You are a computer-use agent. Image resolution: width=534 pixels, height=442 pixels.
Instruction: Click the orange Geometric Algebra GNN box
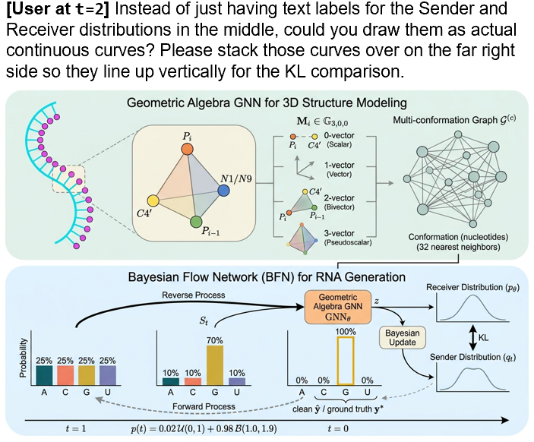[337, 307]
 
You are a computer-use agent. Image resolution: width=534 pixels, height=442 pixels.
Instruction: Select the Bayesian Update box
[402, 337]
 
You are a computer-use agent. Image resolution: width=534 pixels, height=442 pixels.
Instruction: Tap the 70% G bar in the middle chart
[215, 365]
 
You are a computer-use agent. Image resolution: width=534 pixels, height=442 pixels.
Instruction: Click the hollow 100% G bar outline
[346, 361]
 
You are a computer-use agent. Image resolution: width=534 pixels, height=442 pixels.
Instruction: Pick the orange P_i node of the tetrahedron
[187, 149]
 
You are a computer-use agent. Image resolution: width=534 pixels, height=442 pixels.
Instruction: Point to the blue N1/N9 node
[223, 191]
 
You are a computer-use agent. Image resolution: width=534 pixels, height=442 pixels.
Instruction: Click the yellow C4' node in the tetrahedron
[153, 201]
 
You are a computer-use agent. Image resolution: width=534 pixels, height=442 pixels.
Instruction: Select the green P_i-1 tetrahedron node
[195, 222]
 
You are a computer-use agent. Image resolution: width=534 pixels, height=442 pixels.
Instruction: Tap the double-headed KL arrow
[472, 338]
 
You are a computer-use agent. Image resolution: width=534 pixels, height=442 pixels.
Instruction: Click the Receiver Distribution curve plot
[472, 308]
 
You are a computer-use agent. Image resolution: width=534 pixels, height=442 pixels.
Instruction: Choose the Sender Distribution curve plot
[472, 378]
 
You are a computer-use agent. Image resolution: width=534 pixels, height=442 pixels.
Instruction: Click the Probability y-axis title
[23, 358]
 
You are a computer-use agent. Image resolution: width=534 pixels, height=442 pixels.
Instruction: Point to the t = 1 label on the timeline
[76, 428]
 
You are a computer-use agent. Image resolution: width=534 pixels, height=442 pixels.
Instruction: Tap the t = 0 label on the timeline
[338, 428]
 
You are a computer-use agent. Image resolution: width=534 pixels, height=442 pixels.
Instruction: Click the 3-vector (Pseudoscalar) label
[347, 238]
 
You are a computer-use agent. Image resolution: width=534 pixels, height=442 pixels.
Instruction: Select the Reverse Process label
[194, 295]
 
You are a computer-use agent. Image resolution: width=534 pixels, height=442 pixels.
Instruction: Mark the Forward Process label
[204, 406]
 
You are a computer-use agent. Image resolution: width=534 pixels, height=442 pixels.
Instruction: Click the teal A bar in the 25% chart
[44, 375]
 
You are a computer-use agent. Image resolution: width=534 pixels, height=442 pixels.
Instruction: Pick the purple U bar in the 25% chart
[108, 375]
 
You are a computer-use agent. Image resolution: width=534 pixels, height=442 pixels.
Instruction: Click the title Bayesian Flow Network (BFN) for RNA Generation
[267, 277]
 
